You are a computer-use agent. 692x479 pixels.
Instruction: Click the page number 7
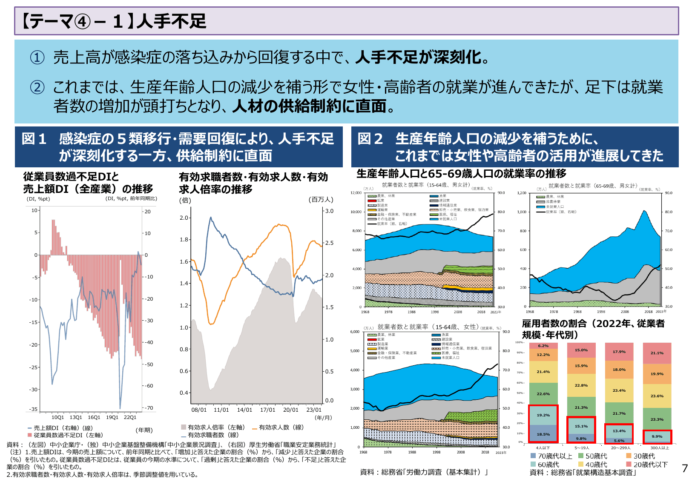(x=684, y=468)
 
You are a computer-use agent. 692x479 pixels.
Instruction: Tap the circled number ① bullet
(x=37, y=57)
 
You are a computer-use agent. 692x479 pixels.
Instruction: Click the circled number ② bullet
(x=37, y=87)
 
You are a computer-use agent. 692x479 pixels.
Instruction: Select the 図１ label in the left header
(x=34, y=139)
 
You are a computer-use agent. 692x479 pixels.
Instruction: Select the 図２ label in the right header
(x=370, y=139)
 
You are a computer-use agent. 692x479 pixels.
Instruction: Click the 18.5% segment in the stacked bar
(x=543, y=434)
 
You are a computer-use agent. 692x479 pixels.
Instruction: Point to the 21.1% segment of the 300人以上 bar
(x=657, y=353)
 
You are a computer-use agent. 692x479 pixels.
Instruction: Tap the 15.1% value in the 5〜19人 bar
(x=581, y=426)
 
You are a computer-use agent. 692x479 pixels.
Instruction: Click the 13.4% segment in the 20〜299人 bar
(x=619, y=431)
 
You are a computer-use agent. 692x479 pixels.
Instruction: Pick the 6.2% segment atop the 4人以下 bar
(x=543, y=346)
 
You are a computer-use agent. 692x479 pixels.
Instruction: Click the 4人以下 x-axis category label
(x=543, y=448)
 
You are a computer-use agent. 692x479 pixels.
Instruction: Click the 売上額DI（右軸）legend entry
(x=60, y=428)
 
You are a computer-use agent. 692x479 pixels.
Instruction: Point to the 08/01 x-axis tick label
(x=199, y=410)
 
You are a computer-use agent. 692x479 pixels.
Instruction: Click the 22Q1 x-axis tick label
(x=130, y=417)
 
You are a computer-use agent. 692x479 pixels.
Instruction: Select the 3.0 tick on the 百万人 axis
(x=329, y=211)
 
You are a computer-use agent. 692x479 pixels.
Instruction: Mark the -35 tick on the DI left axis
(x=33, y=409)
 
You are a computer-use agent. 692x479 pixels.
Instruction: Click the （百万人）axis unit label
(x=322, y=200)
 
